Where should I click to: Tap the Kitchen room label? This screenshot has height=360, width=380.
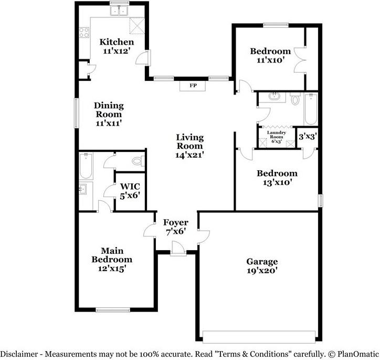point(117,42)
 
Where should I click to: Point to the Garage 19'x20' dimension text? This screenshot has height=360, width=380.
point(262,271)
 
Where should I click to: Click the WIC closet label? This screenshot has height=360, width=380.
point(130,186)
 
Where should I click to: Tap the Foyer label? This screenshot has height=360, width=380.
point(173,222)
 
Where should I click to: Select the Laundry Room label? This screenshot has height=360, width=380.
point(276,135)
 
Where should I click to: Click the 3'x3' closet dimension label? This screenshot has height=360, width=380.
point(307,136)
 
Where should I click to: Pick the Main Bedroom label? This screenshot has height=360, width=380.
point(112,255)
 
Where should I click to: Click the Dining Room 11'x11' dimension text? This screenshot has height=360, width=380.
point(109,123)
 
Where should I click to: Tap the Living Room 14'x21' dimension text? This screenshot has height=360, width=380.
point(189,155)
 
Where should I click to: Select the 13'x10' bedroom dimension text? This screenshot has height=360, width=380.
point(277,182)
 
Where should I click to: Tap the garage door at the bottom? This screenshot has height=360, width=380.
point(259,336)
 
